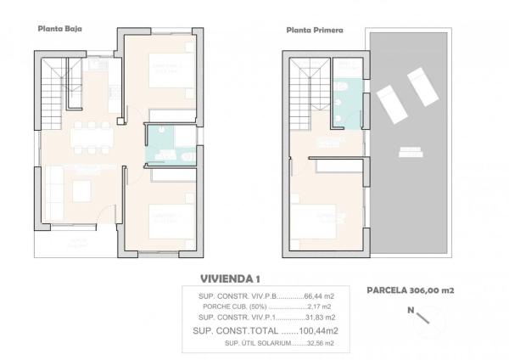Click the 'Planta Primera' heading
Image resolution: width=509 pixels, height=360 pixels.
click(315, 30)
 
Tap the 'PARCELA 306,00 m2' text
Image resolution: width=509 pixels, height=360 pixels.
click(411, 290)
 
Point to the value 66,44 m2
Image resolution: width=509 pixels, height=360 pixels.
click(319, 295)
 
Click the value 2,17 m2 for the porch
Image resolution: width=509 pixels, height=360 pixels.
click(319, 307)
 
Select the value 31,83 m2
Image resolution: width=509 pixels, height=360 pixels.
click(319, 318)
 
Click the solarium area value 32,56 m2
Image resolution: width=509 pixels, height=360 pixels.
click(319, 343)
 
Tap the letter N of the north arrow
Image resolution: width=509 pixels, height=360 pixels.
click(411, 311)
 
